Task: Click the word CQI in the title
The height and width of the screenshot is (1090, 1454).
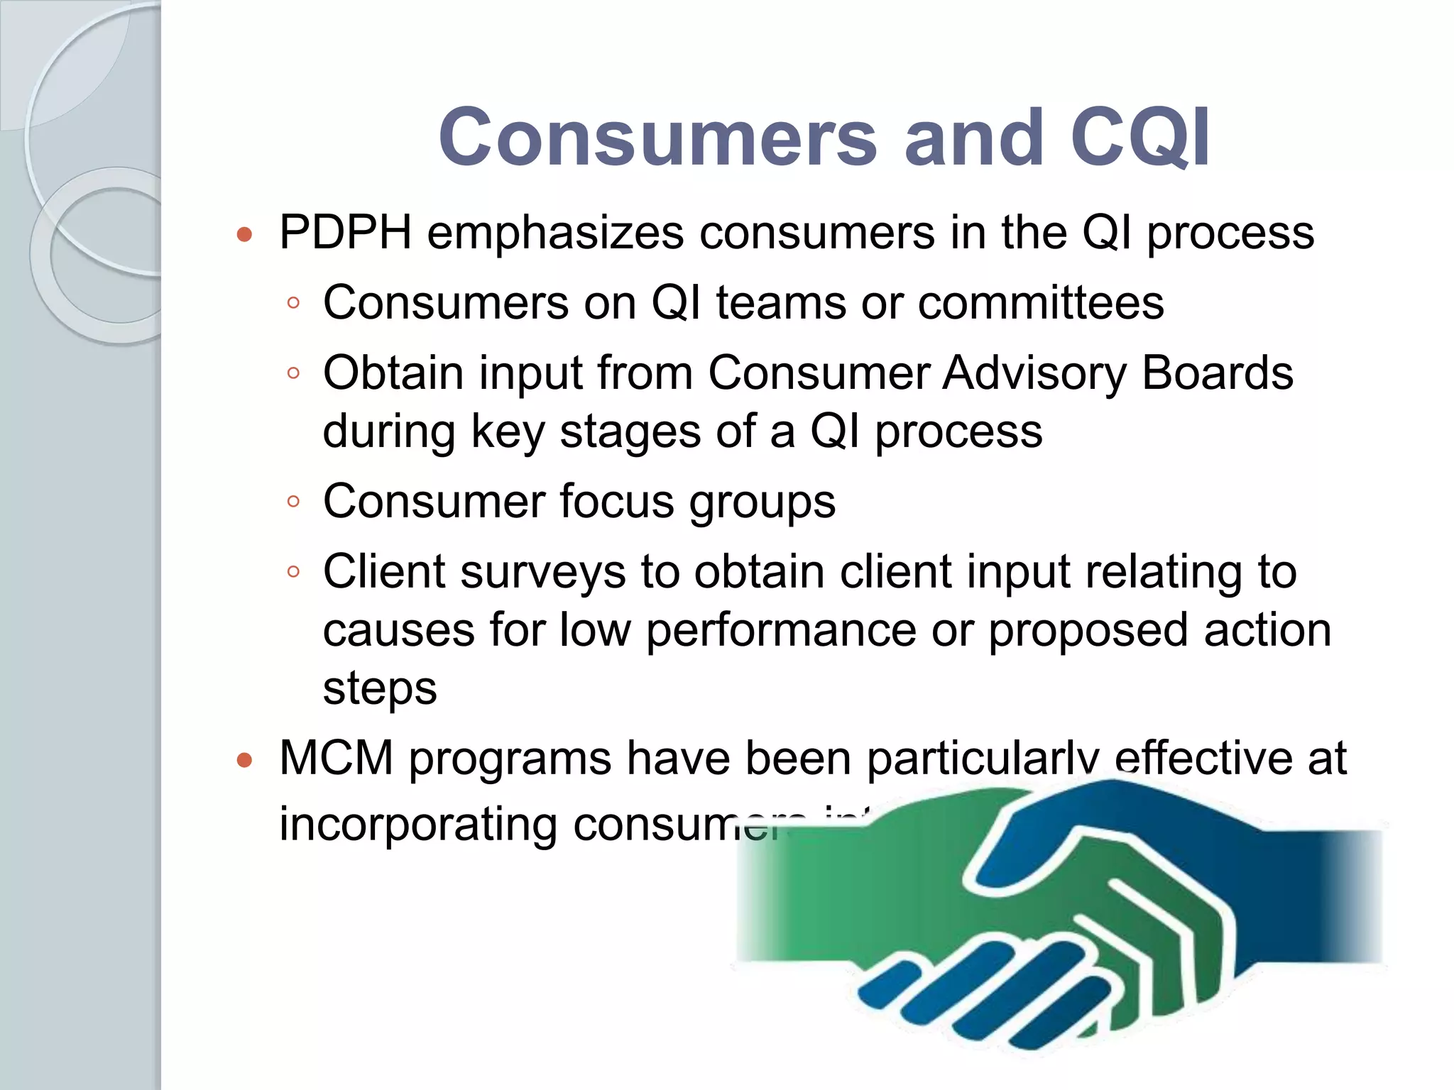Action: tap(1140, 137)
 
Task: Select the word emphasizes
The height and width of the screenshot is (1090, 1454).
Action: tap(555, 232)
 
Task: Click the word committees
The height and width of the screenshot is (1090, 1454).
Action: tap(1040, 303)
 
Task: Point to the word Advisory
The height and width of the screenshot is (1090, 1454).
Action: tap(1034, 374)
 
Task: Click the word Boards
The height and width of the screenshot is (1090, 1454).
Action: tap(1217, 373)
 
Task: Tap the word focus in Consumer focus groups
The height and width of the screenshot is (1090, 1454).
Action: tap(616, 501)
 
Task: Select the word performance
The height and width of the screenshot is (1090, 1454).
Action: tap(781, 630)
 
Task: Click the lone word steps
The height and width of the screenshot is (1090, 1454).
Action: tap(380, 688)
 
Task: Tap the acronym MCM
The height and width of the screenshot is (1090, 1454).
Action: tap(337, 758)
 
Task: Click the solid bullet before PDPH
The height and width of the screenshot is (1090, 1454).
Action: tap(244, 235)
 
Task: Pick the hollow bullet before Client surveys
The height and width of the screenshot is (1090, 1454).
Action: tap(293, 572)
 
